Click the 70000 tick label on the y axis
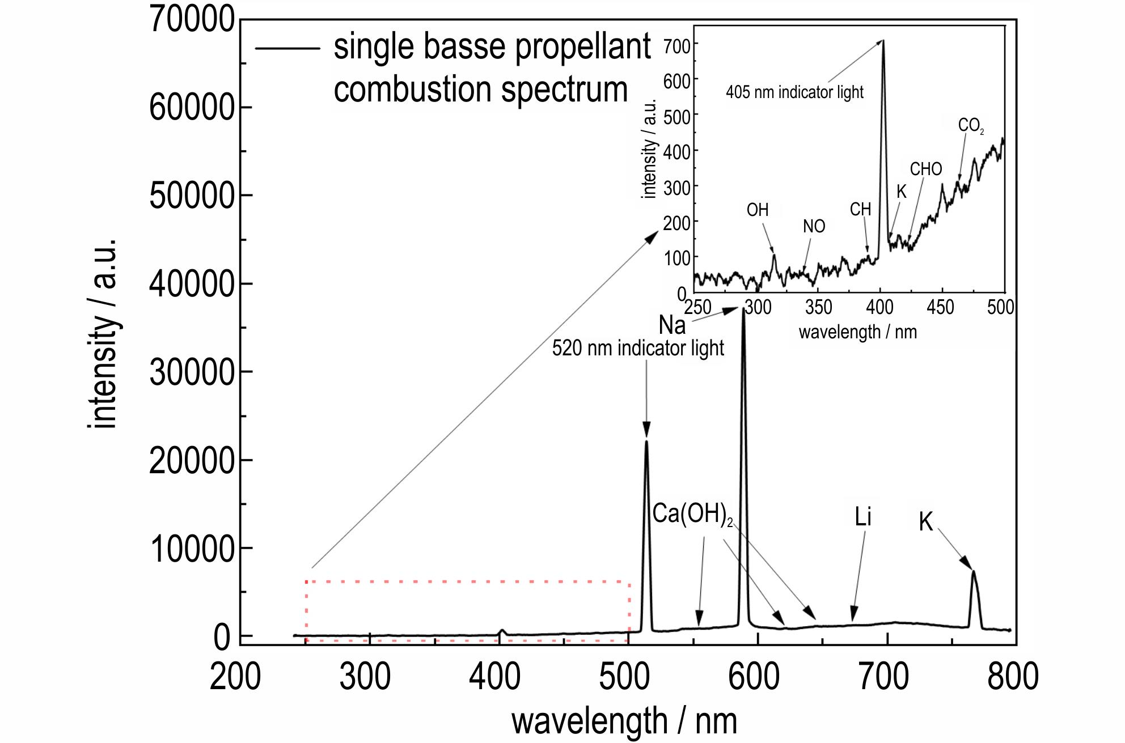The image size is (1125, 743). [x=191, y=20]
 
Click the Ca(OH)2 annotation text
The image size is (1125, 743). [x=688, y=514]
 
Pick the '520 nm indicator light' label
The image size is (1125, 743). [x=638, y=348]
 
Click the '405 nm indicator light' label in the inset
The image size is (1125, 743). [x=794, y=92]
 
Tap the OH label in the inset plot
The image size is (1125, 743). [x=758, y=210]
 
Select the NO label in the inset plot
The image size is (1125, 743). [x=814, y=227]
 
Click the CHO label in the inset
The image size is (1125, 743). [x=926, y=169]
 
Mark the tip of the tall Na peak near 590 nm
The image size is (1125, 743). [x=743, y=309]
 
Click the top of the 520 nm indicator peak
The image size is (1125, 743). [x=646, y=441]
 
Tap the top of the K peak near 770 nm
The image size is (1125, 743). [x=974, y=571]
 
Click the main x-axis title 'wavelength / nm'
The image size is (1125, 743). [x=624, y=721]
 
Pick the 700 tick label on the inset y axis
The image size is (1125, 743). [x=677, y=45]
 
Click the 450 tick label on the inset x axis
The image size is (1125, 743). [x=940, y=308]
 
